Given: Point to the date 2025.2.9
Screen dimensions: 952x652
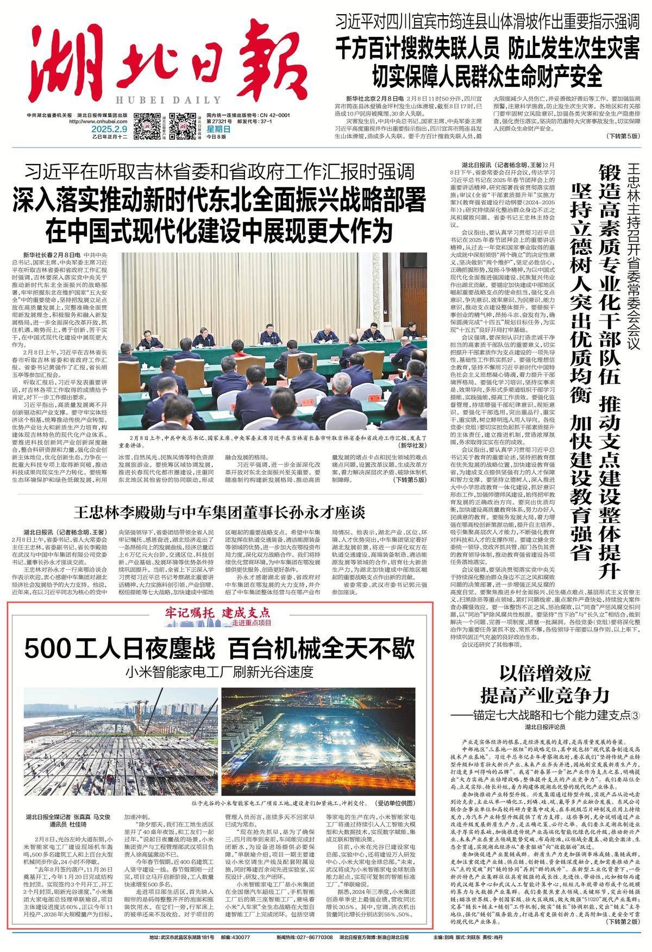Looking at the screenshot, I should (109, 129).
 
